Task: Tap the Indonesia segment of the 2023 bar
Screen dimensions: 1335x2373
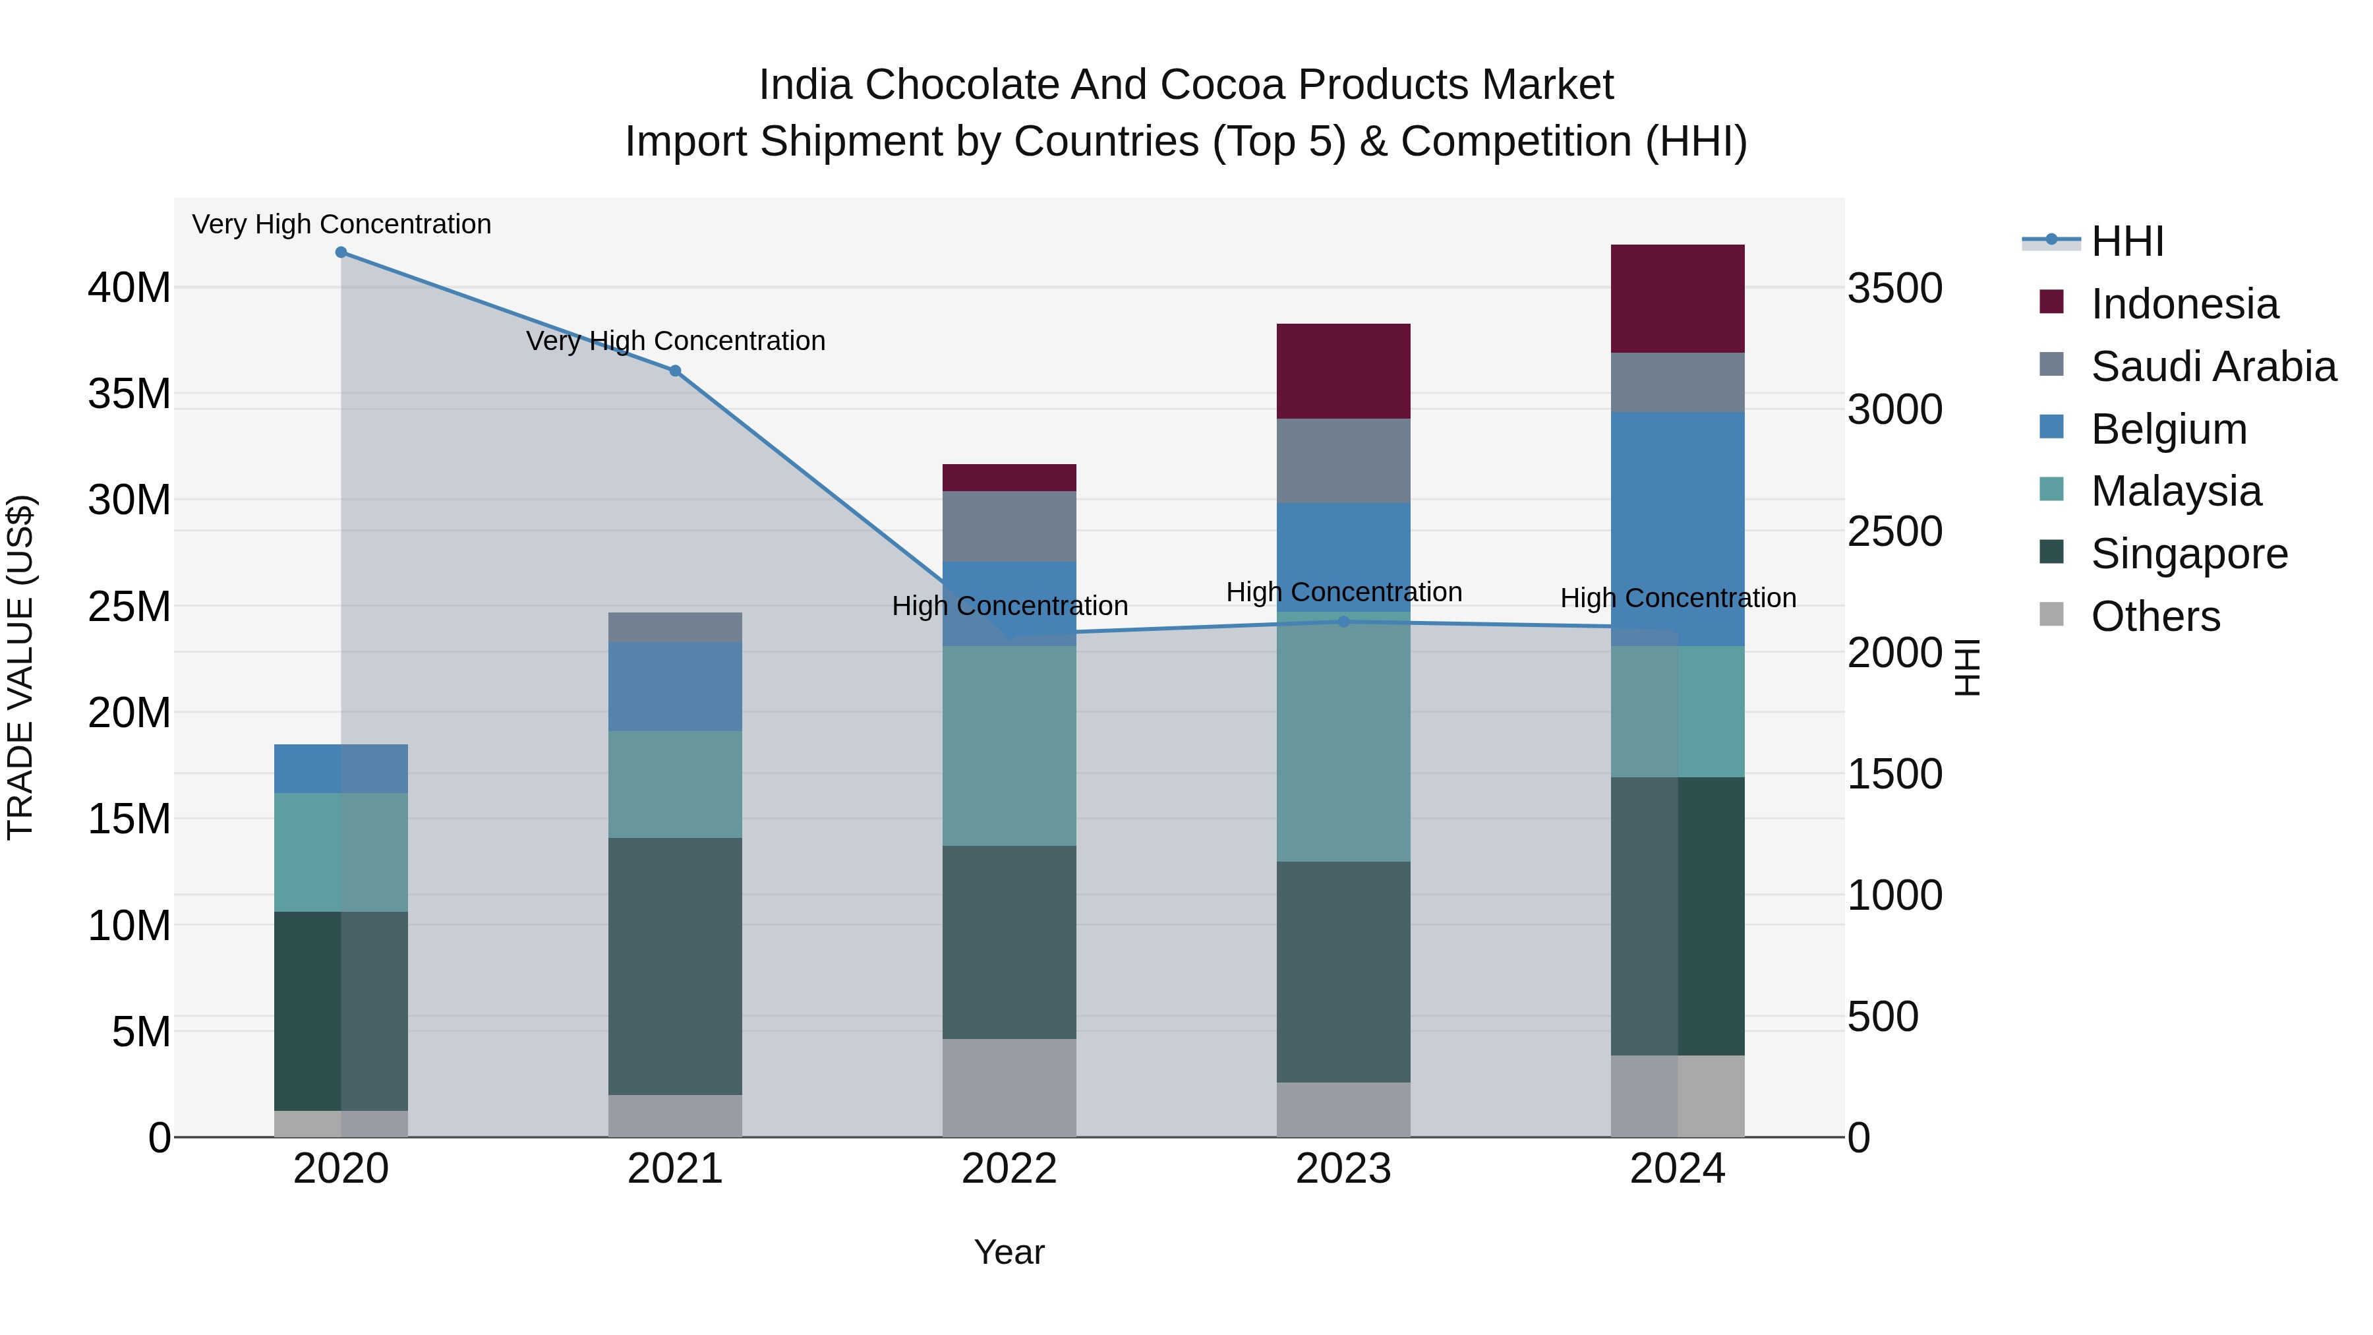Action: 1343,371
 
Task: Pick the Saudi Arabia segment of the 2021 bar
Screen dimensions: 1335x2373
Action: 675,628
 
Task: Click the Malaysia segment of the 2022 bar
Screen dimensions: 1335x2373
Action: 1009,746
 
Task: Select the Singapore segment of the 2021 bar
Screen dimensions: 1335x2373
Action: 675,966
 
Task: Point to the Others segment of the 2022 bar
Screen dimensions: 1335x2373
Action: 1009,1087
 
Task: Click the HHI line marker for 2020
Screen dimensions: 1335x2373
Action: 341,252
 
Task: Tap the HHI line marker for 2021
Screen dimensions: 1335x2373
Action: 675,371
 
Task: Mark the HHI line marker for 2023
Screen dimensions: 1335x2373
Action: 1343,622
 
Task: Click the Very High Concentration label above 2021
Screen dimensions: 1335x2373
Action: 675,341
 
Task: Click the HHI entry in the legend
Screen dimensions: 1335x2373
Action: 2126,241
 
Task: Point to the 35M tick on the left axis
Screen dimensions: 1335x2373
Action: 129,394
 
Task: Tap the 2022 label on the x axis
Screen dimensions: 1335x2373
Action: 1009,1169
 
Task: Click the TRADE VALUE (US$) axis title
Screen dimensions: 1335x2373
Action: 20,667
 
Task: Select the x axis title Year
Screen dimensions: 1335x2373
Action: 1009,1252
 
